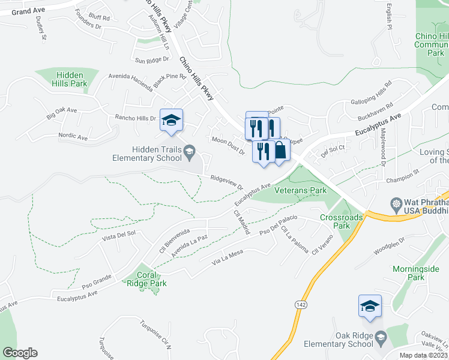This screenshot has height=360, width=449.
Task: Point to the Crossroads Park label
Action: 334,221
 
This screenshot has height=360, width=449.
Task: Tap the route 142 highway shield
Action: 299,305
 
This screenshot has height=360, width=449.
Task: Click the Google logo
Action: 19,352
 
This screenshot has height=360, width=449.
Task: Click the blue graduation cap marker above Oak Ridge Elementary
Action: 370,306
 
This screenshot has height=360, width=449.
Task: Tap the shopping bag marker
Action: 280,151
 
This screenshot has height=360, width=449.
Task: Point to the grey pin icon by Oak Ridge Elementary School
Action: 380,340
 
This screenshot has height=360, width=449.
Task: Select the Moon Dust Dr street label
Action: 229,146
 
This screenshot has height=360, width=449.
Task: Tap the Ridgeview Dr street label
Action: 226,182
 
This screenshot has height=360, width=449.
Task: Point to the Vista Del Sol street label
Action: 119,235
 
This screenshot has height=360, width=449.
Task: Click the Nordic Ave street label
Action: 73,137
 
